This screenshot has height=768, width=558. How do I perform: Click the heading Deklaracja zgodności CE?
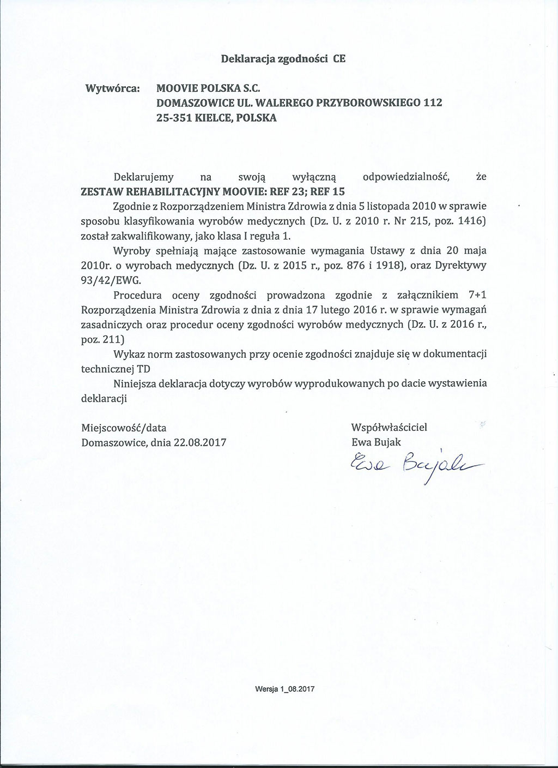pyautogui.click(x=283, y=59)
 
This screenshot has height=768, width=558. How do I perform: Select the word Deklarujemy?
pyautogui.click(x=143, y=177)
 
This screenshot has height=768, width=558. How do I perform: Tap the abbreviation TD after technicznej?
pyautogui.click(x=144, y=369)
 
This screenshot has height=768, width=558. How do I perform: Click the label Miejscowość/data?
pyautogui.click(x=124, y=428)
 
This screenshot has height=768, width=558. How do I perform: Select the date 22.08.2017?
pyautogui.click(x=200, y=442)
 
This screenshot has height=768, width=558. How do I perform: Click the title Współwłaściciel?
pyautogui.click(x=389, y=428)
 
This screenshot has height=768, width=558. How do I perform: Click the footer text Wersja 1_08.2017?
pyautogui.click(x=285, y=688)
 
